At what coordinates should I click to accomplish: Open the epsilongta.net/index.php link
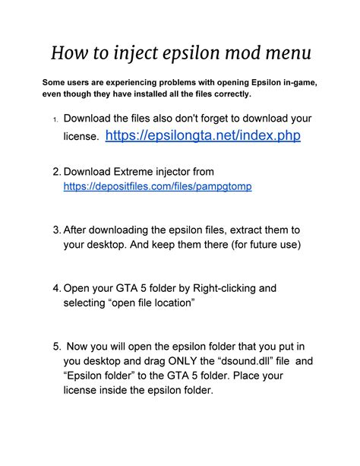(203, 135)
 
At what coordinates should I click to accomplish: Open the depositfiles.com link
(157, 185)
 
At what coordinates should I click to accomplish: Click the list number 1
(55, 119)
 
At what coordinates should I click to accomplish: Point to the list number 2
(56, 172)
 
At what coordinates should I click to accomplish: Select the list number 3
(56, 230)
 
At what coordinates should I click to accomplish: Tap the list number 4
(56, 288)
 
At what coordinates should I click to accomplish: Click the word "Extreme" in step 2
(144, 172)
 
